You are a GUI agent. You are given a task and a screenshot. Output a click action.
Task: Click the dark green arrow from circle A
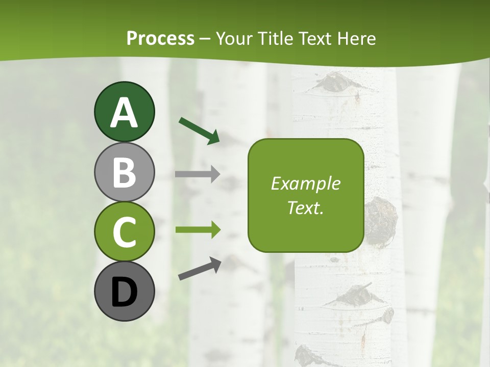pyautogui.click(x=199, y=130)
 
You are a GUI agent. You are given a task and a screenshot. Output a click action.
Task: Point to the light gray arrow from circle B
pyautogui.click(x=197, y=174)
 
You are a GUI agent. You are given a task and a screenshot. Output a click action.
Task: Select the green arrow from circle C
pyautogui.click(x=198, y=230)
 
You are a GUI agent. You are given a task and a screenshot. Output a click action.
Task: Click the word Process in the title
pyautogui.click(x=160, y=38)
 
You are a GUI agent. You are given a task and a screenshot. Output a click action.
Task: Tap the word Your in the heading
pyautogui.click(x=234, y=38)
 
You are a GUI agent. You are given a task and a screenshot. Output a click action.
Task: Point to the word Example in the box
pyautogui.click(x=306, y=183)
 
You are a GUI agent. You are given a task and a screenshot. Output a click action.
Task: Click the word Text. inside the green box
pyautogui.click(x=306, y=207)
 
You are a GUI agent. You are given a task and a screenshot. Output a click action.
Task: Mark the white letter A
pyautogui.click(x=124, y=113)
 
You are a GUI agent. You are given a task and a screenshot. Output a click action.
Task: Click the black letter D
pyautogui.click(x=124, y=293)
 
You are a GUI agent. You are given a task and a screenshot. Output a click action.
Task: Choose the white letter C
pyautogui.click(x=124, y=232)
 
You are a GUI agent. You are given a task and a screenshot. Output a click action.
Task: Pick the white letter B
pyautogui.click(x=124, y=172)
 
